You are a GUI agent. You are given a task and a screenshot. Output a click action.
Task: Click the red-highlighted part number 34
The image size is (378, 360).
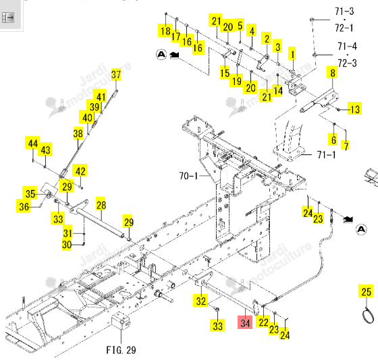(x=245, y=322)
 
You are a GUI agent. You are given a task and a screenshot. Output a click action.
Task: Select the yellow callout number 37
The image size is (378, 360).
(x=116, y=74)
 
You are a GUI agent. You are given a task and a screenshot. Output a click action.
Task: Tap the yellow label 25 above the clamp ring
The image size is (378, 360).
(x=366, y=291)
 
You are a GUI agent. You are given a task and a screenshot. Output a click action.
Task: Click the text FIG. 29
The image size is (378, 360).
(x=121, y=350)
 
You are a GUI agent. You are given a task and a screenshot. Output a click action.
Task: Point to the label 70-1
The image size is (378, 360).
(x=188, y=176)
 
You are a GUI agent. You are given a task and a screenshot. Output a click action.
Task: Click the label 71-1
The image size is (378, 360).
(x=326, y=154)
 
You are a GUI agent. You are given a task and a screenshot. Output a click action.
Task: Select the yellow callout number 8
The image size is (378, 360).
(x=333, y=73)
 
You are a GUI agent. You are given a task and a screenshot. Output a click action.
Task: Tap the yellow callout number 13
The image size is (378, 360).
(x=354, y=109)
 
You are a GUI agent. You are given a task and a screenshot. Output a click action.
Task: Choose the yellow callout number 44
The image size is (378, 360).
(x=33, y=143)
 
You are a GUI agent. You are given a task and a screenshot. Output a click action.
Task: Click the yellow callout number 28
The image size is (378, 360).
(x=101, y=205)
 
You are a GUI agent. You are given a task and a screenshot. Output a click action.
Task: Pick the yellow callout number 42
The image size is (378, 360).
(x=80, y=171)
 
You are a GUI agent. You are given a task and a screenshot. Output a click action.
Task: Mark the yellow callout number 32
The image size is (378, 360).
(x=200, y=300)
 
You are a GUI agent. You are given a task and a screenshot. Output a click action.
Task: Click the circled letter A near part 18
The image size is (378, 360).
(x=161, y=54)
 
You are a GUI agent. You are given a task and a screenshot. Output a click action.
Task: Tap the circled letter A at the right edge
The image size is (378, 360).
(x=361, y=229)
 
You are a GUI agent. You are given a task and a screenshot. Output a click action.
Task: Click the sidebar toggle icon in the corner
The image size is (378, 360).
(x=8, y=18)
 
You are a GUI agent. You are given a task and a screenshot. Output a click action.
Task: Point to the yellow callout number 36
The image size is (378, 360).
(x=24, y=206)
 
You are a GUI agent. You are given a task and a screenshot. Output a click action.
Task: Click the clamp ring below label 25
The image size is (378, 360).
(x=368, y=316)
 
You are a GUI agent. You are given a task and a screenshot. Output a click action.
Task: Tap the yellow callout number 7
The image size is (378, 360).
(x=346, y=146)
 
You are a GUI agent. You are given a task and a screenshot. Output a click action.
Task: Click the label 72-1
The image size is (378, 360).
(x=344, y=28)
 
